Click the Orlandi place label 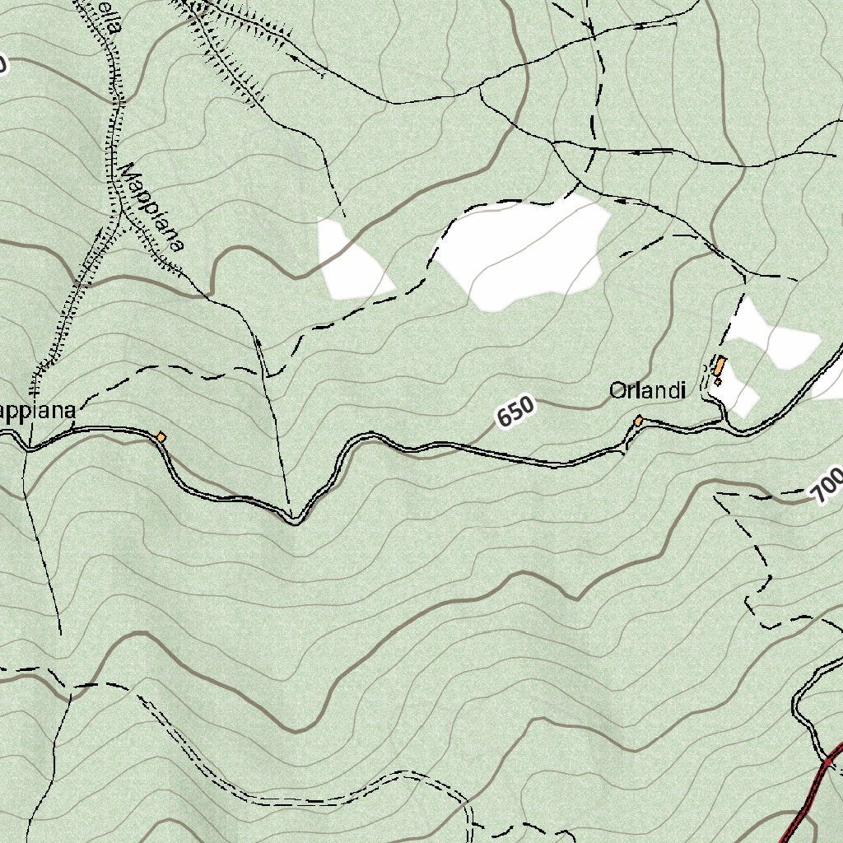tap(647, 391)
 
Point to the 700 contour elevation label tap(827, 487)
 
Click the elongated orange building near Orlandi tap(720, 366)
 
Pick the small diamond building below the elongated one tap(718, 381)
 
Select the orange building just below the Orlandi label tap(638, 421)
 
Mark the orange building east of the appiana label tap(161, 437)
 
